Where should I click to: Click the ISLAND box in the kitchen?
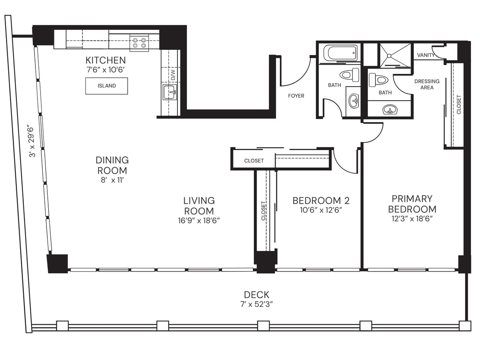point(106,86)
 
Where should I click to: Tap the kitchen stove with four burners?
point(139,43)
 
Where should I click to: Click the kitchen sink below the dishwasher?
point(169,92)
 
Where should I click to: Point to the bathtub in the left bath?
point(340,53)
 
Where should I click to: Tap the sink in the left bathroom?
point(353,101)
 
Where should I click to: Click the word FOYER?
point(296,96)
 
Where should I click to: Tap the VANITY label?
point(426,55)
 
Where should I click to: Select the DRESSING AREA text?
point(427,84)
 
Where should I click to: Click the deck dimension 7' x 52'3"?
point(256,305)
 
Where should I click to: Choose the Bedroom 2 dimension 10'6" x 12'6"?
point(317,210)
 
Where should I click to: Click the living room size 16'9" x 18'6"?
point(199,220)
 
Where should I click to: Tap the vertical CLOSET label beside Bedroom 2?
point(264,210)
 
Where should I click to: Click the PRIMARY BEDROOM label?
point(412,204)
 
